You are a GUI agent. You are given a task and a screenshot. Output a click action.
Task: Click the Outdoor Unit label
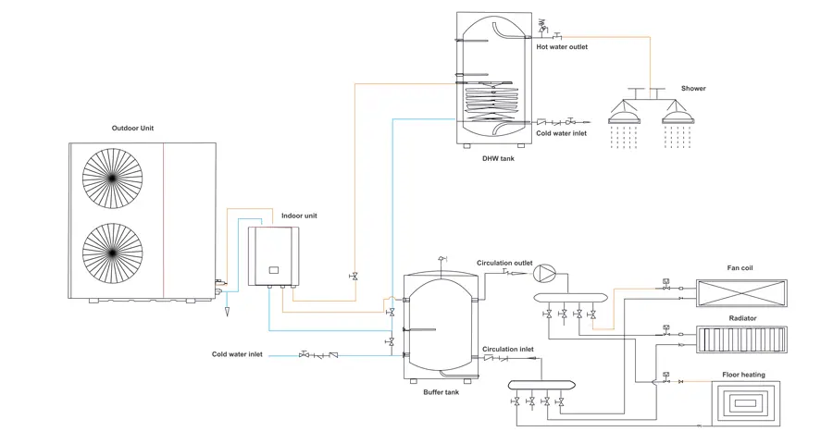coord(132,128)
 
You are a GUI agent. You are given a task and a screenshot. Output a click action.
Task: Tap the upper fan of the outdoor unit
coord(113,178)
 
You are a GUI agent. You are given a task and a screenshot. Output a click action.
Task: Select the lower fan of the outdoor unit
coord(113,253)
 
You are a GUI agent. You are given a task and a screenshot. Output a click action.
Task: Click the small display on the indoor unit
coord(274,270)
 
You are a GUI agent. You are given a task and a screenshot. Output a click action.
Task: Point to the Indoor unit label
coord(299,216)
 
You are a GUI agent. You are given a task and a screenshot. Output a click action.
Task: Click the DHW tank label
coord(498,158)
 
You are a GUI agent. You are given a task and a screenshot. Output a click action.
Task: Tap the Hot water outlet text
coord(562,47)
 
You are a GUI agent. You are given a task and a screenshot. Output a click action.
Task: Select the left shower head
coord(624,117)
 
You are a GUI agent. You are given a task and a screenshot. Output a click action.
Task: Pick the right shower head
coord(678,117)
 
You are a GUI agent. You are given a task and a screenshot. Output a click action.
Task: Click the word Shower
coord(693,88)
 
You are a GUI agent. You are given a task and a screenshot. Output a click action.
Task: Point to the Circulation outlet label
coord(504,263)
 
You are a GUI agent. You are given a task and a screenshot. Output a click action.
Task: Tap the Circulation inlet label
coord(508,349)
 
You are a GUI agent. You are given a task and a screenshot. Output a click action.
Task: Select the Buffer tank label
coord(441,392)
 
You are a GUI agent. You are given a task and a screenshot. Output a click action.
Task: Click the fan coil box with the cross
coord(741,293)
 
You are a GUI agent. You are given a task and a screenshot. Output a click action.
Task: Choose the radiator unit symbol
coord(741,339)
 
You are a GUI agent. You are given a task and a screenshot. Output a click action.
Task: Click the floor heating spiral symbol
coord(746,402)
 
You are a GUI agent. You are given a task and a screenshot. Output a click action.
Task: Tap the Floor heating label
coord(744,375)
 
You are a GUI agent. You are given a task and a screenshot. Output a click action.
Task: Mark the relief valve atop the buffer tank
coord(441,259)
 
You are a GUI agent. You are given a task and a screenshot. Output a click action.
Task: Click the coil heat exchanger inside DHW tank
coord(491,101)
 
